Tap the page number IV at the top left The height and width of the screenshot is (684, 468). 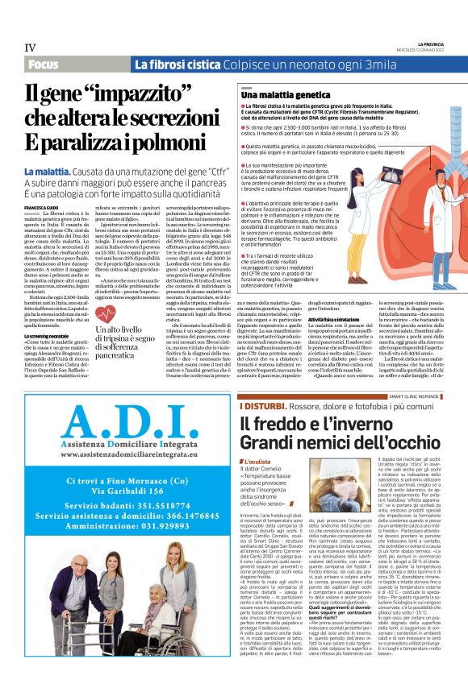point(30,47)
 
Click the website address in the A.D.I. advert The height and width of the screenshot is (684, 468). point(119,455)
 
